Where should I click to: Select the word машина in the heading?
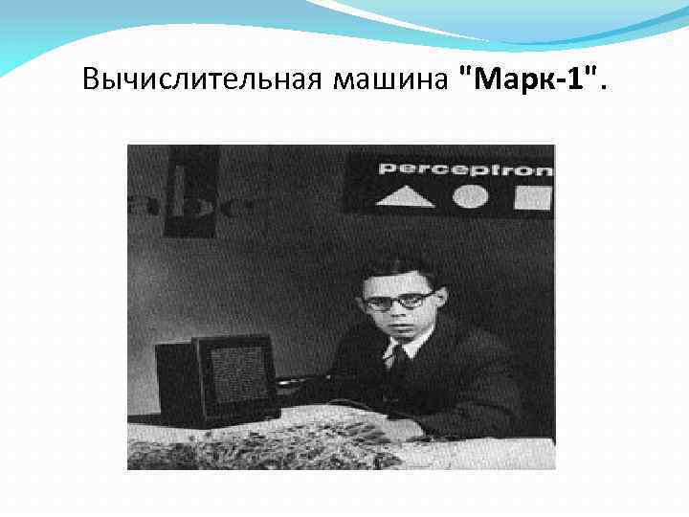click(x=390, y=78)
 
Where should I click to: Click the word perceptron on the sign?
click(x=465, y=169)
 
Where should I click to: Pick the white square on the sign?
click(x=532, y=197)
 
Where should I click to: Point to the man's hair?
click(x=397, y=267)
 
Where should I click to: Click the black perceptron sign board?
click(x=448, y=182)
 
